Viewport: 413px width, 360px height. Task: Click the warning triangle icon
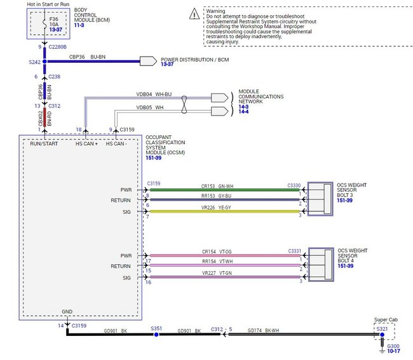point(194,13)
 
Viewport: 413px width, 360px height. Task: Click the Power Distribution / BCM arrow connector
point(148,61)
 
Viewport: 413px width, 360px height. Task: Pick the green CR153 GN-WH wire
point(222,189)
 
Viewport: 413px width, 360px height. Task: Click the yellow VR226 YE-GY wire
point(222,211)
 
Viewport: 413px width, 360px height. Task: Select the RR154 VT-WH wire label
point(218,261)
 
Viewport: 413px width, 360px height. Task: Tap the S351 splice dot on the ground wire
point(156,334)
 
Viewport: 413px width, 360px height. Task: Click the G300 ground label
point(393,346)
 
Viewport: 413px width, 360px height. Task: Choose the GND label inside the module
point(67,312)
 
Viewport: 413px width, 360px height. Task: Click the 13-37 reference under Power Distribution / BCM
point(167,64)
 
